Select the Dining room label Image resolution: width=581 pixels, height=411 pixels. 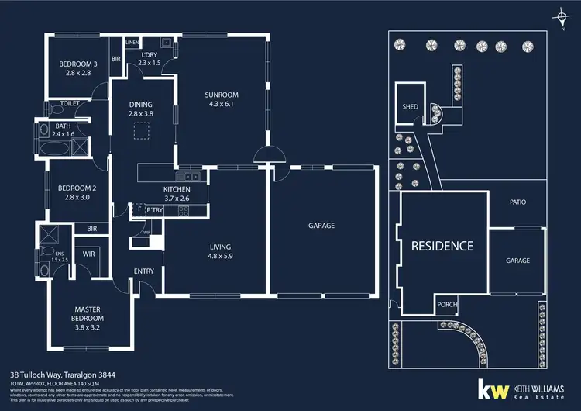(140, 105)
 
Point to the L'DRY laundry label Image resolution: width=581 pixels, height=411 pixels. (149, 54)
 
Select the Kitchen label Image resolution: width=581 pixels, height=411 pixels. (176, 189)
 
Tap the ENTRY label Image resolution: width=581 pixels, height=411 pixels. (144, 271)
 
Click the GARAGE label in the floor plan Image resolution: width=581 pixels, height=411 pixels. (321, 226)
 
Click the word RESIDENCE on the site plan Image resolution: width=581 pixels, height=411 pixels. (442, 246)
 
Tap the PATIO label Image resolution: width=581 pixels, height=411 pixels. (517, 202)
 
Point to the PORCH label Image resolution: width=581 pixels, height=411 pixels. (446, 304)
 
